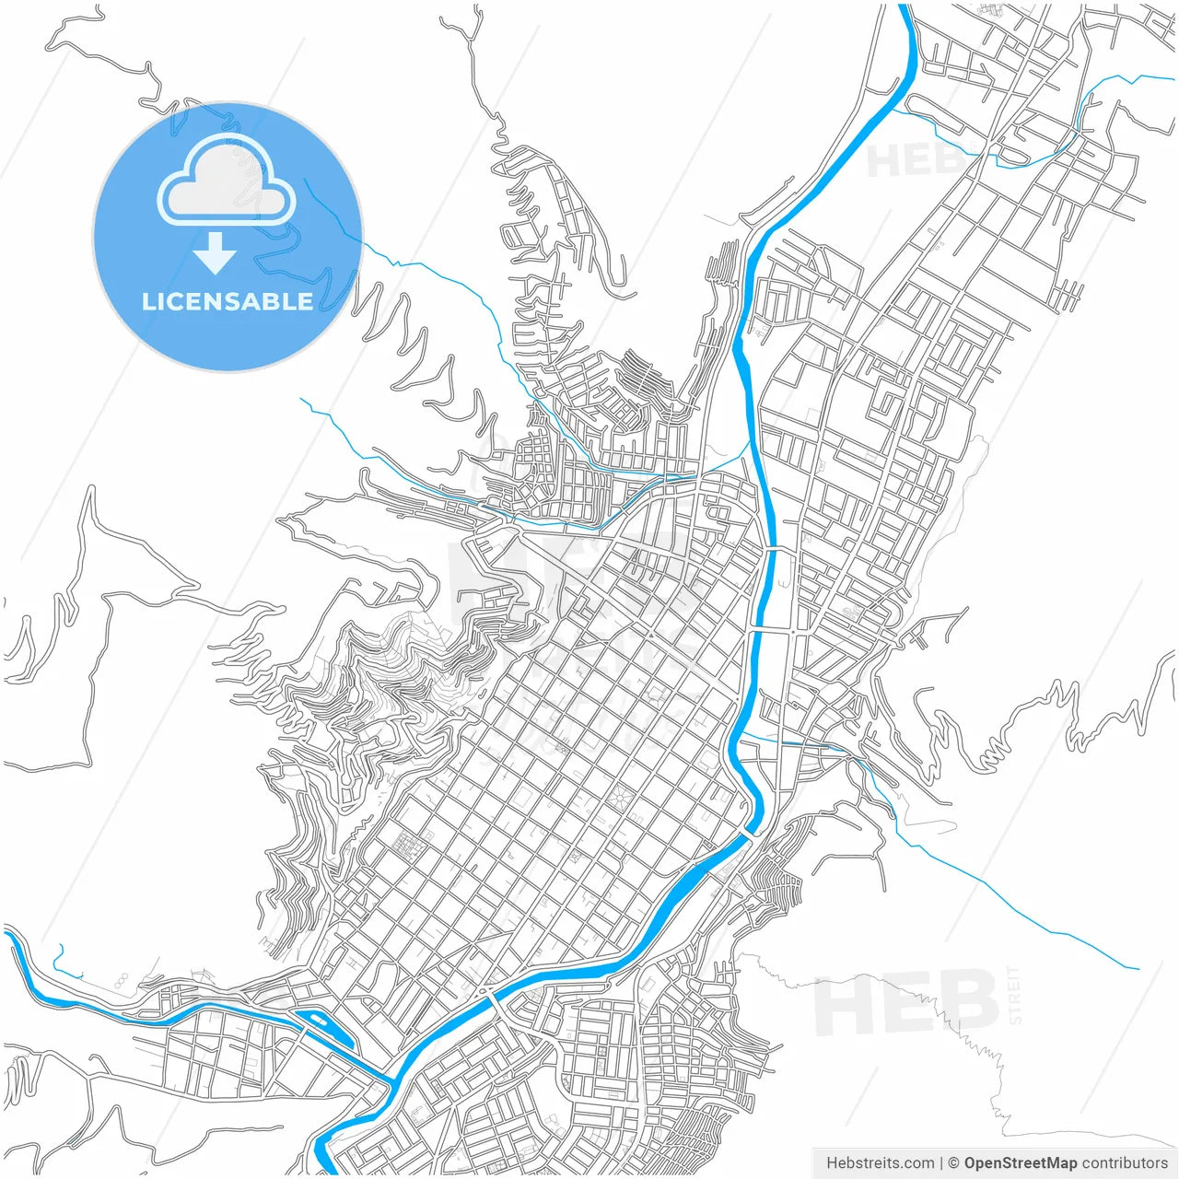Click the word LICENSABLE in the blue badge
(x=228, y=302)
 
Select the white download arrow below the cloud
(x=216, y=252)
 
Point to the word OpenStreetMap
(x=1021, y=1163)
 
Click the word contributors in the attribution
(x=1125, y=1163)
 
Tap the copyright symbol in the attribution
(x=953, y=1163)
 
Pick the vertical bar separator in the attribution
(x=940, y=1163)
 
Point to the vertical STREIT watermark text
(x=1015, y=995)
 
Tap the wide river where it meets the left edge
(x=7, y=934)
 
